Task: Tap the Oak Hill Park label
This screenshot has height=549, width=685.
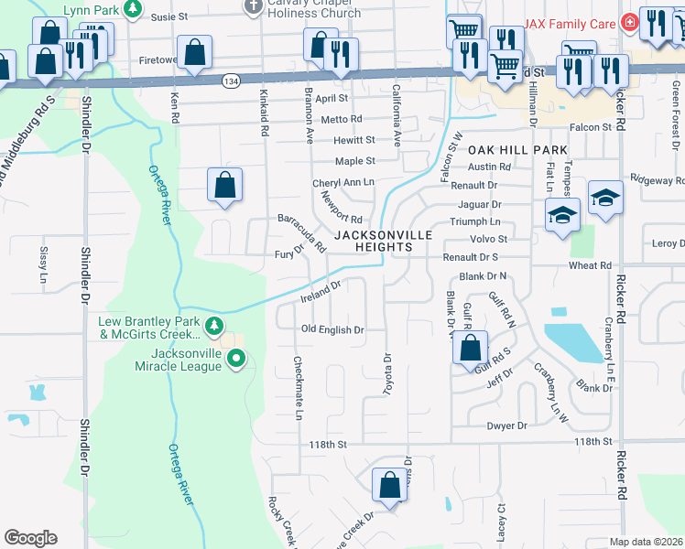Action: [x=518, y=149]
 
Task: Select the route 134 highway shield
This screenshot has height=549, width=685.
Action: [x=231, y=81]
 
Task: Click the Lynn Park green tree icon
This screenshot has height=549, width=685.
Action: [x=133, y=10]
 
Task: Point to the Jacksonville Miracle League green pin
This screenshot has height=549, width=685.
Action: [x=236, y=359]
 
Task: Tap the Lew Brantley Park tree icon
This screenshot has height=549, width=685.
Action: [x=214, y=326]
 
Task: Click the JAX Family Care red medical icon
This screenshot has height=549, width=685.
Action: [x=629, y=22]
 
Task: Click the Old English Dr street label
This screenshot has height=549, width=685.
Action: [x=333, y=329]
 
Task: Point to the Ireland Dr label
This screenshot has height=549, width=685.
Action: [x=321, y=292]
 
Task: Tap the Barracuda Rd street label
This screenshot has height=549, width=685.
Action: [x=302, y=232]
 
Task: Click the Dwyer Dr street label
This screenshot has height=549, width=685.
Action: [x=508, y=425]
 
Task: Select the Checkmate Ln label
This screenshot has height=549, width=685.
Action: [x=298, y=389]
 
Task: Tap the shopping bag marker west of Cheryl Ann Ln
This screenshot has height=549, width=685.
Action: [x=225, y=185]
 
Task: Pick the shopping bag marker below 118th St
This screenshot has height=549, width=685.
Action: [x=390, y=485]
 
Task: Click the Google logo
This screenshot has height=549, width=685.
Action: [x=30, y=538]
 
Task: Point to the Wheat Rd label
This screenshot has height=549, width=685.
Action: [x=589, y=266]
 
